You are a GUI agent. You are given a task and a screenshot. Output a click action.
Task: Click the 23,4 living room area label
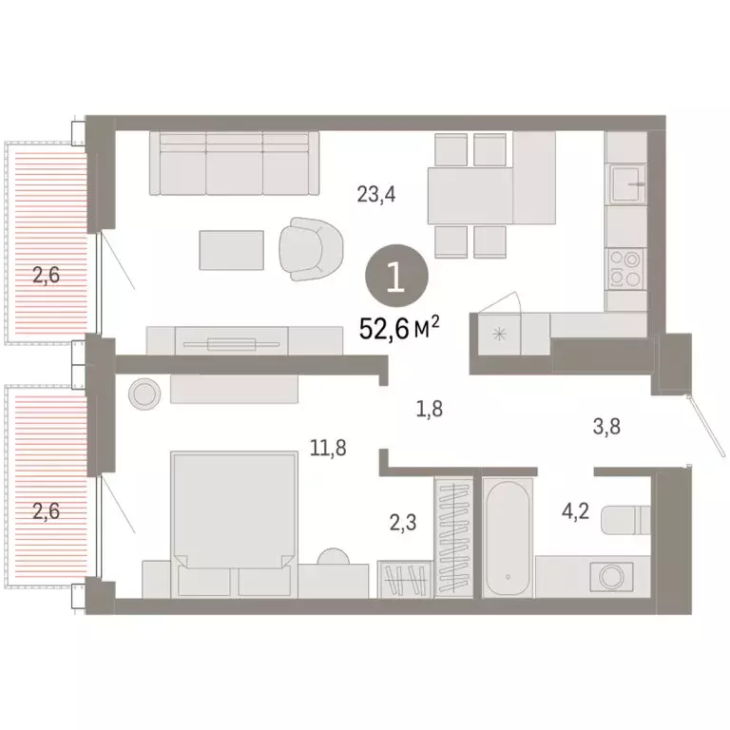pos(375,196)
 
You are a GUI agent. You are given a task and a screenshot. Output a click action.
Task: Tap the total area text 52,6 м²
pos(399,328)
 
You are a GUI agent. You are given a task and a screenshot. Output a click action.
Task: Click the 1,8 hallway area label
pos(431,410)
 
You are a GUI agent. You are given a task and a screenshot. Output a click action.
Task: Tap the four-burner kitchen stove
pos(626,267)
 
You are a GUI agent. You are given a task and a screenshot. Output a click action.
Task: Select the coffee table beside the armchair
pos(232,249)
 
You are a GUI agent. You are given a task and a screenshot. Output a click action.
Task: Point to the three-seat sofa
pos(234,163)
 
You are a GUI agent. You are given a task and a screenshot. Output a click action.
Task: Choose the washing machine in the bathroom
pos(608,576)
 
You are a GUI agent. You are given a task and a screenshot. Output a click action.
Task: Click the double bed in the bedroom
pos(232,518)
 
